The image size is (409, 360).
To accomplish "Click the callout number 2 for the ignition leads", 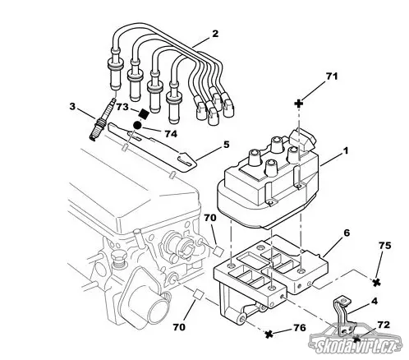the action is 215,34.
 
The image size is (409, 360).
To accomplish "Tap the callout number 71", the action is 331,76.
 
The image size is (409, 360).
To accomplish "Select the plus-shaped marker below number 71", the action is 299,104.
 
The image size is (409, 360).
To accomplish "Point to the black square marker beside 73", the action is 144,113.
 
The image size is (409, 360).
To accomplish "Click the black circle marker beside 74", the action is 137,125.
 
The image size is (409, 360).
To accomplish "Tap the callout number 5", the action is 226,145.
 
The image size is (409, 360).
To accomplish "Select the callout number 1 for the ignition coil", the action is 346,150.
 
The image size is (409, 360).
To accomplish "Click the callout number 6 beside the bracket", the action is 347,233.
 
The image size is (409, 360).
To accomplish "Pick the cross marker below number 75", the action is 377,283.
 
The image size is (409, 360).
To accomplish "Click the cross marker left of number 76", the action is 269,334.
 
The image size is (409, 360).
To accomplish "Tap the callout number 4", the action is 375,301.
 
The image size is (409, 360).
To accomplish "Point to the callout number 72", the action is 384,325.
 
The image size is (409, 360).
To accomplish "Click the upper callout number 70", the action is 210,218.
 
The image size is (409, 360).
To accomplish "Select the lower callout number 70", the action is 179,327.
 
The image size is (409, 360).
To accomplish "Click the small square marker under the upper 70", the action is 218,251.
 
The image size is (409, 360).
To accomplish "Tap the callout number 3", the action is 72,106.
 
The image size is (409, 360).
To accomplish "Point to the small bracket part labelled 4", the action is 342,315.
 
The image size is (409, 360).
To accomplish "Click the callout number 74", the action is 171,134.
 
